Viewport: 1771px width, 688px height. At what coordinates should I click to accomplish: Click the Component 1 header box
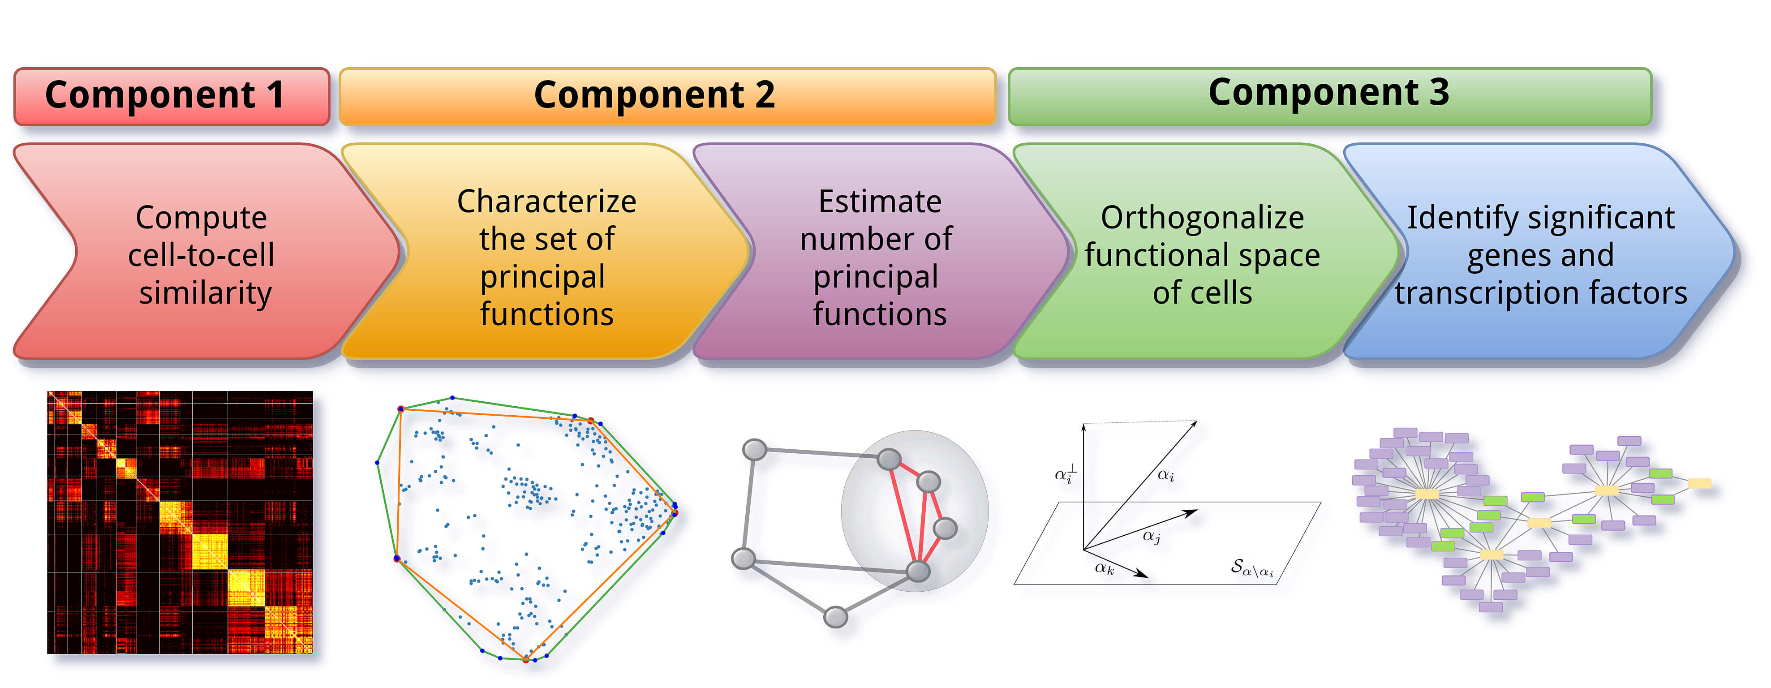(x=172, y=96)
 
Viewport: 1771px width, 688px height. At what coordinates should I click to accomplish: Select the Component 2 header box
(x=667, y=96)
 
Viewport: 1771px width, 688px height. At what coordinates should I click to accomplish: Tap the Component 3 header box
(x=1329, y=96)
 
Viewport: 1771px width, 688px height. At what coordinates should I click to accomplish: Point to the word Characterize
(x=546, y=202)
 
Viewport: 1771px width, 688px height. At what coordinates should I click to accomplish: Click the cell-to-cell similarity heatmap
(x=180, y=522)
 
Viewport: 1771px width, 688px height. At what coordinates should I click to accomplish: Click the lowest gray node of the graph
(x=835, y=616)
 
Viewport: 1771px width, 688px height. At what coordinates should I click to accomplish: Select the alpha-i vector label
(x=1165, y=475)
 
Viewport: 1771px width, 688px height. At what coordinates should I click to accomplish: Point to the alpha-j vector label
(x=1151, y=536)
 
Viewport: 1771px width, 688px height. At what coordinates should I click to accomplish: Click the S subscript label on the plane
(x=1251, y=568)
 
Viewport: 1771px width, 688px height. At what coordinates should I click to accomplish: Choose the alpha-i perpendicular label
(x=1065, y=474)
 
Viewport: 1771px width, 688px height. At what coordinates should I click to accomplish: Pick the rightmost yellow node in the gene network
(x=1699, y=484)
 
